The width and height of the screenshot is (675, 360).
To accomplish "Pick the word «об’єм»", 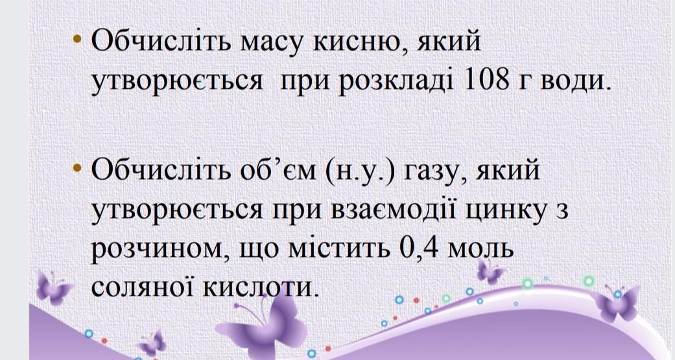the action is (274, 171).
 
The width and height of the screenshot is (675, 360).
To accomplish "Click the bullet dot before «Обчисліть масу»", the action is (78, 39).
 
